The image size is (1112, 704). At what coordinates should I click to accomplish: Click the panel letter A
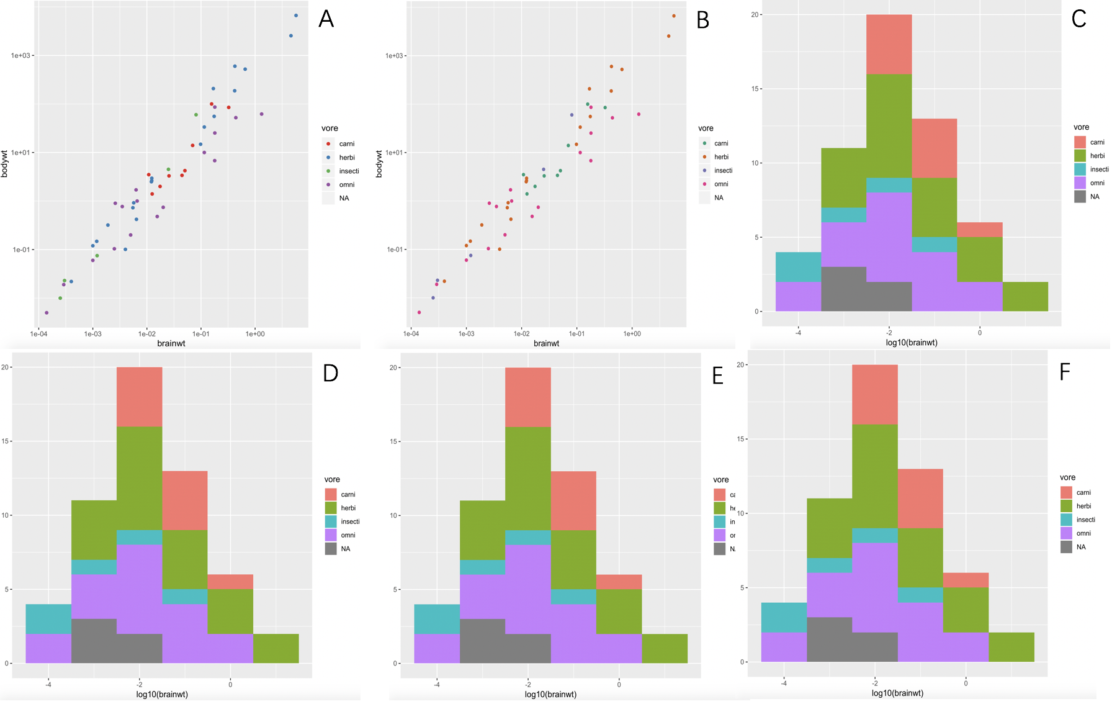(x=326, y=19)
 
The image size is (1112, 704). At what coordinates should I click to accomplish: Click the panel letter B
(x=703, y=20)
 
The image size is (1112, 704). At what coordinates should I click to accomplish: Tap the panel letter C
(x=1078, y=19)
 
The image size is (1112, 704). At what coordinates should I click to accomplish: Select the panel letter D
(x=331, y=372)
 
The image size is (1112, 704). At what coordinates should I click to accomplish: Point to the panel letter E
(x=717, y=376)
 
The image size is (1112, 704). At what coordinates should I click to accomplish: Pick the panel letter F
(x=1065, y=372)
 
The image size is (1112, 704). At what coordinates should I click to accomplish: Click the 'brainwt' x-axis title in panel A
(x=171, y=343)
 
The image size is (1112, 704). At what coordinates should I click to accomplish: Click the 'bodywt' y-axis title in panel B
(x=379, y=164)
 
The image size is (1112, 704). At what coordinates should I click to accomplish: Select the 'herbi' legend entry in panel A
(x=346, y=158)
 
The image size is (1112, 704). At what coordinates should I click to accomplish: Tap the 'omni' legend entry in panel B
(x=720, y=184)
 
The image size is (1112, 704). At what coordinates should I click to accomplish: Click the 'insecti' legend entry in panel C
(x=1098, y=169)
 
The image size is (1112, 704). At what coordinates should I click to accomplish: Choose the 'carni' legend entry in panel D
(x=347, y=495)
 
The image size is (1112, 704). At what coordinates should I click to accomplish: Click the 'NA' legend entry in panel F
(x=1081, y=548)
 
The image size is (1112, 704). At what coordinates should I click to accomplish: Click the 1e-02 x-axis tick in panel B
(x=521, y=334)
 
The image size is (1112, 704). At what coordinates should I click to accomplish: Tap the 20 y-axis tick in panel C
(x=755, y=15)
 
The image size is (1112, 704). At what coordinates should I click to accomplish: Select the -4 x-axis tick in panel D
(x=48, y=685)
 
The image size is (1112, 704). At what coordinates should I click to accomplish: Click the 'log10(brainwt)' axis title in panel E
(x=550, y=695)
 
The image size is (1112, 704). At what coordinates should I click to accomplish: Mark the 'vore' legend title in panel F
(x=1067, y=478)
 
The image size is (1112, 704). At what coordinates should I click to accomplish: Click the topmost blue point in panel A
(x=296, y=16)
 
